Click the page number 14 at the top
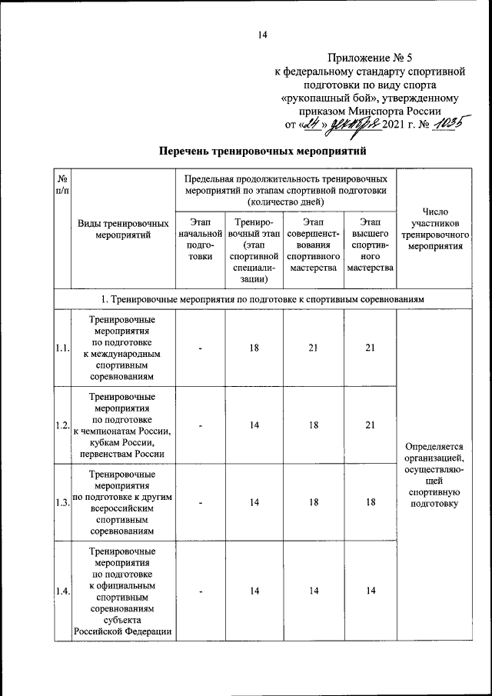click(262, 34)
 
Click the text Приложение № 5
click(370, 58)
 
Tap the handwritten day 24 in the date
click(310, 123)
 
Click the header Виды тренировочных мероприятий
click(123, 229)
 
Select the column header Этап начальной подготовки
click(199, 240)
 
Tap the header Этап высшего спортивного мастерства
click(370, 245)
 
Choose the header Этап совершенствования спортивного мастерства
click(313, 245)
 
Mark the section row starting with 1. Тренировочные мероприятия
click(262, 298)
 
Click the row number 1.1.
click(62, 348)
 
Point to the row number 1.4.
click(62, 590)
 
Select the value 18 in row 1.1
click(254, 348)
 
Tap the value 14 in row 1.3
click(254, 503)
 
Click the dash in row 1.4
click(199, 590)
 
